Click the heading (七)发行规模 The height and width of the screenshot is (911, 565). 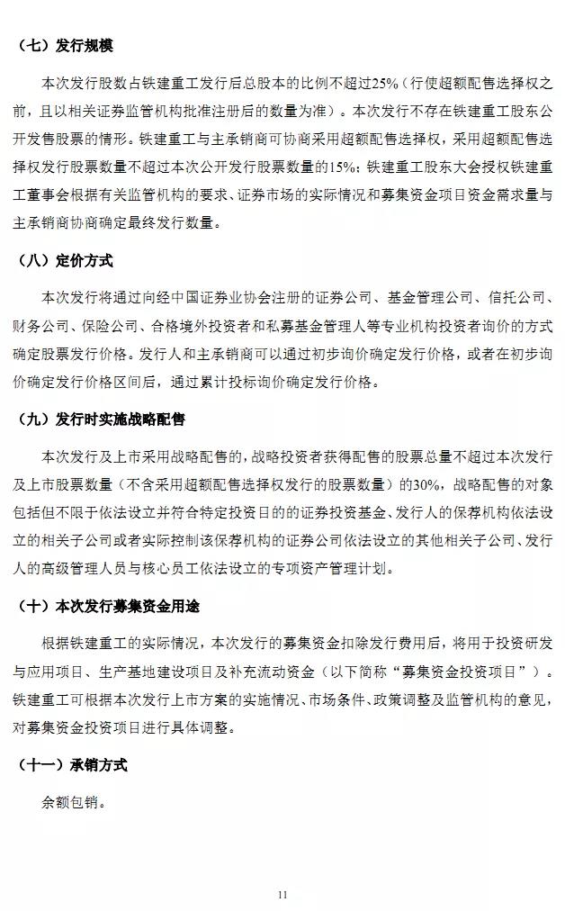click(65, 46)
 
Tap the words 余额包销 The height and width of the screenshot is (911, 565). click(72, 800)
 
